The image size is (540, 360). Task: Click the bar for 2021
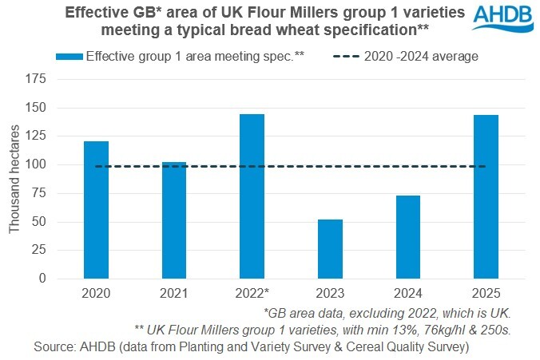click(x=173, y=220)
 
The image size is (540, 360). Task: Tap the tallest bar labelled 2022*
click(x=252, y=196)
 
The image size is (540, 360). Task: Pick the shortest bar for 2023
click(x=329, y=249)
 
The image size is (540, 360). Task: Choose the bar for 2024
click(x=407, y=237)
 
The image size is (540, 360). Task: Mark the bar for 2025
click(x=485, y=197)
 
